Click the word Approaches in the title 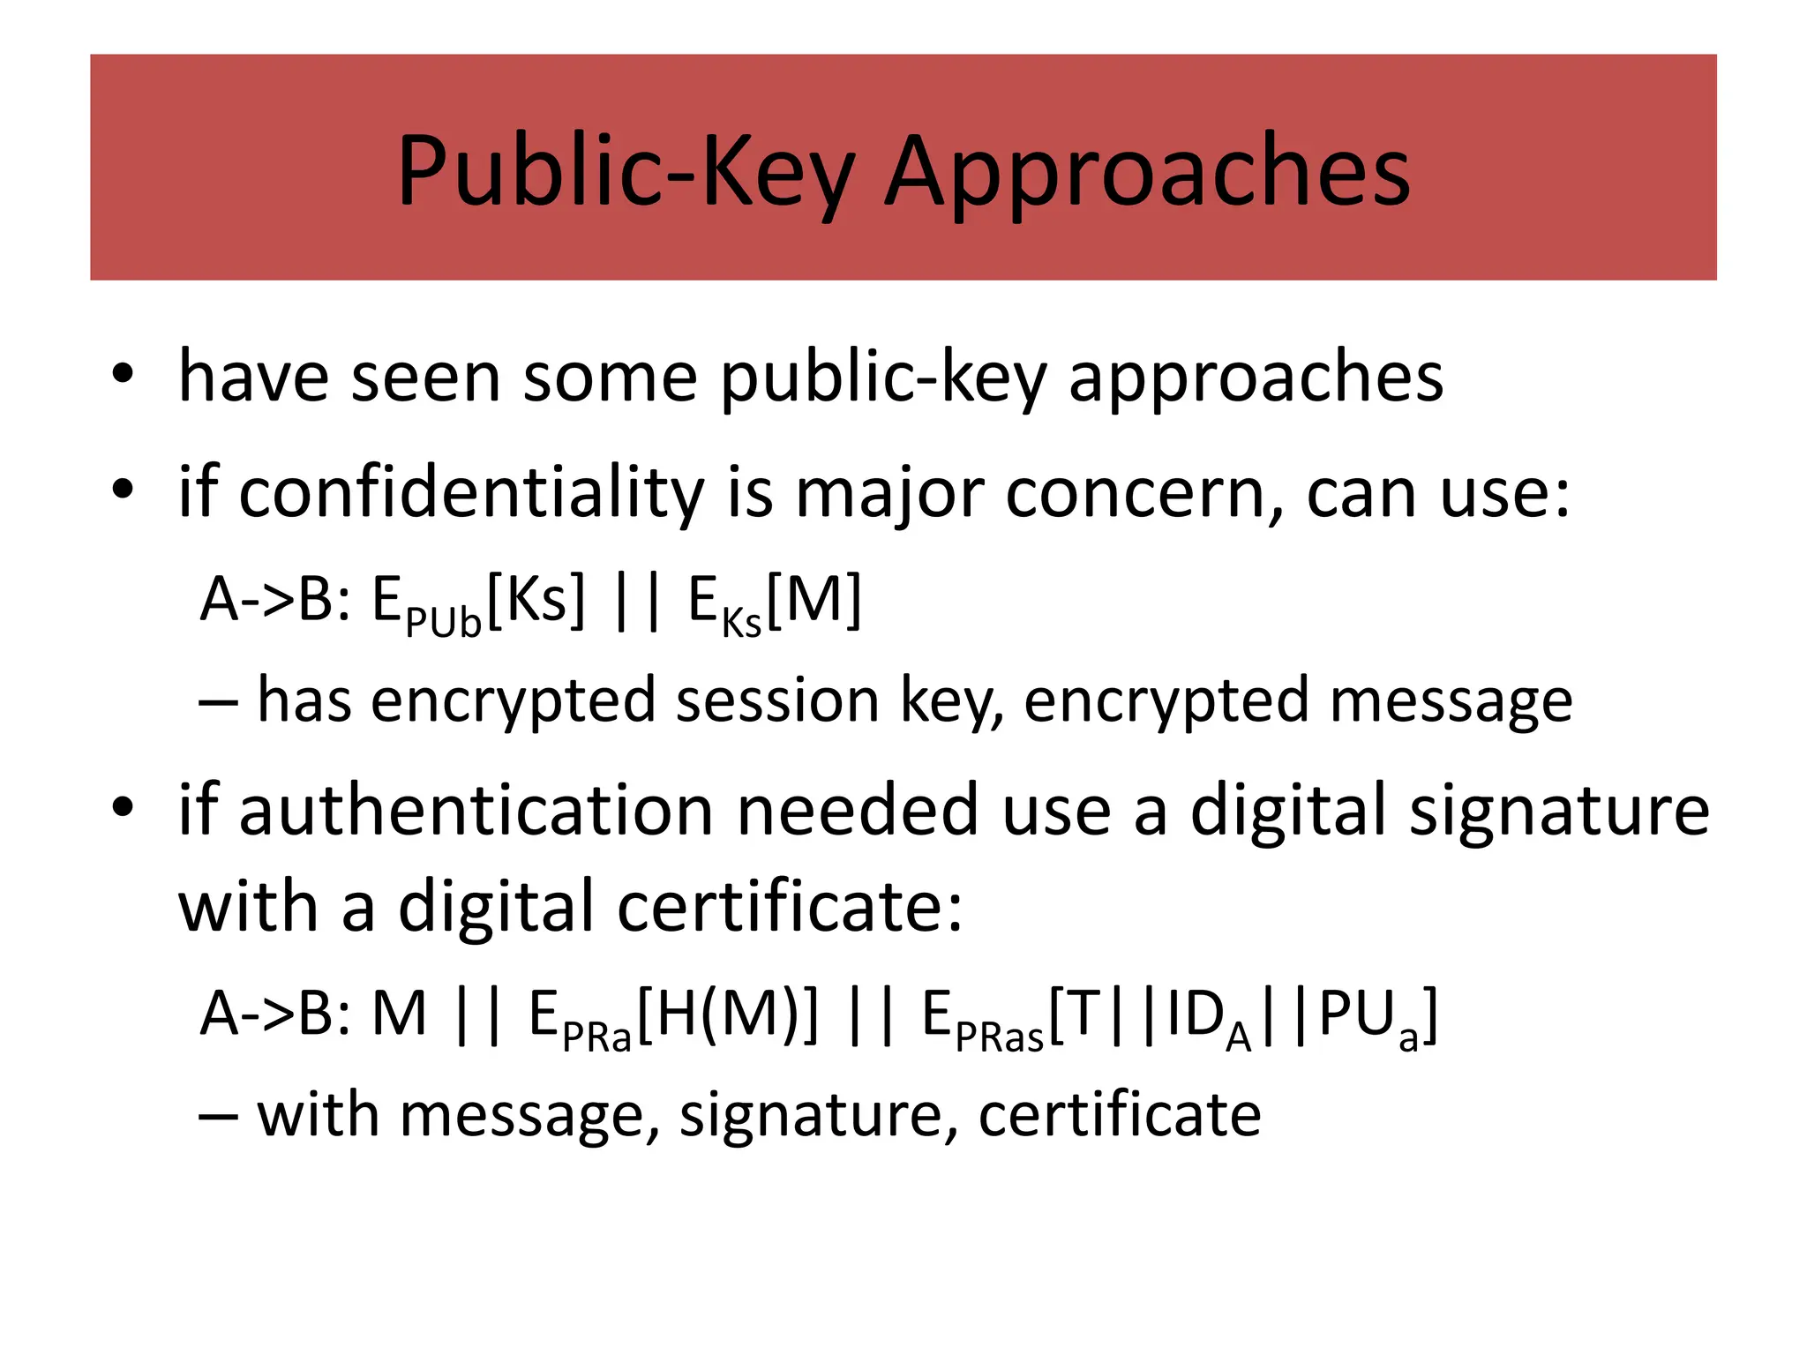coord(1147,172)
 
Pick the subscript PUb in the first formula coord(443,623)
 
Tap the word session coord(777,700)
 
